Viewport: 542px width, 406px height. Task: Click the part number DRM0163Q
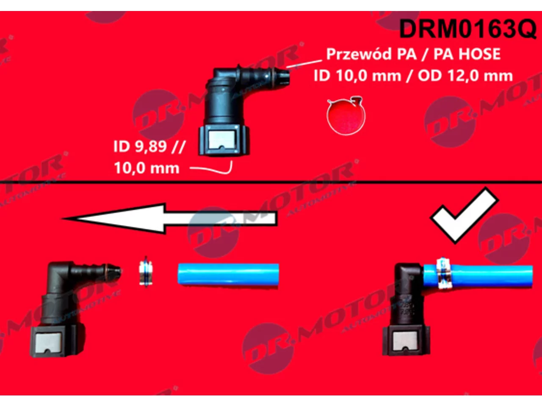point(467,29)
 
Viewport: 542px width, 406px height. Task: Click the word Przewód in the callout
point(359,54)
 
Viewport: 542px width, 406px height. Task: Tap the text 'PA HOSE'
point(467,54)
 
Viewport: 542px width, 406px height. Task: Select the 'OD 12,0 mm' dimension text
point(465,75)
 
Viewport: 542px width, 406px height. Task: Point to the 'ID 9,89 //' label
point(149,146)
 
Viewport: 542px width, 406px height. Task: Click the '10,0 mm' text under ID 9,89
point(147,168)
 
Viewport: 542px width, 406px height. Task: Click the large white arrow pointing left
point(169,218)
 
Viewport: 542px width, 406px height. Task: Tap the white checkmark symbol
point(464,215)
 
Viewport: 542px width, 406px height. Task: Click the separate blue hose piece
point(228,274)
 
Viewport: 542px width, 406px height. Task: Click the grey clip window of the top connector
point(222,139)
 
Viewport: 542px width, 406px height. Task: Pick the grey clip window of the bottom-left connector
point(48,343)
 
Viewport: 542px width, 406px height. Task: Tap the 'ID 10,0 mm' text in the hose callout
point(357,75)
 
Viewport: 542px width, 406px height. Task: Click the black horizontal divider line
point(271,182)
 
